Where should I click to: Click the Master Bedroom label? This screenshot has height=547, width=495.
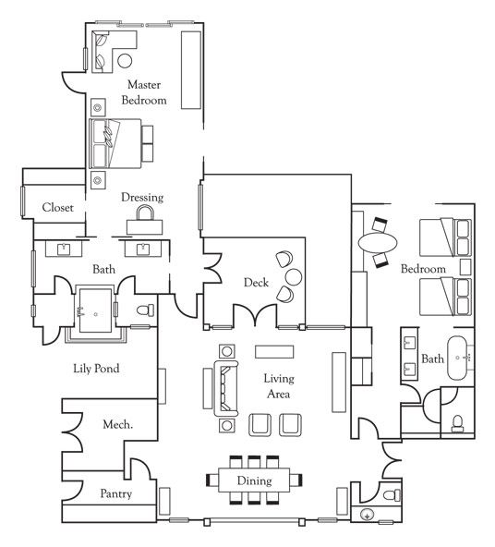pos(144,92)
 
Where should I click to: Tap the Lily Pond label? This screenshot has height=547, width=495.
pos(96,369)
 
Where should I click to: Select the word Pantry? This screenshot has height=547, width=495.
pos(116,493)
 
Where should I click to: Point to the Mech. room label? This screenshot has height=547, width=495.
pos(118,424)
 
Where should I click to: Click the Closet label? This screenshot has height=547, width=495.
pos(58,207)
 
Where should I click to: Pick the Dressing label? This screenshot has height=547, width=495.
pos(142,198)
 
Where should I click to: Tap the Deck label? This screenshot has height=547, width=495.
pos(256,282)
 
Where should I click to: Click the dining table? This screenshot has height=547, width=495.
pos(254,480)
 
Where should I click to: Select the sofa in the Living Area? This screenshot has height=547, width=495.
pos(226,388)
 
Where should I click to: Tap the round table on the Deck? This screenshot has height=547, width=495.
pos(294,276)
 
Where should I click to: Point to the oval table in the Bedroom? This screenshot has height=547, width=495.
pos(378,242)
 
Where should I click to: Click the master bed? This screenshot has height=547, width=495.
pos(115,144)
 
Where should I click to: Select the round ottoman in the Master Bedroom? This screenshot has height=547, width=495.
pos(125,61)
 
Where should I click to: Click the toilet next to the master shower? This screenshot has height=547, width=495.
pos(145,310)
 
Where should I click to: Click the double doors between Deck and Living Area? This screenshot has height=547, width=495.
pos(255,315)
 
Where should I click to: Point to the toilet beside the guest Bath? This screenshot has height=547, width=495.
pos(457,423)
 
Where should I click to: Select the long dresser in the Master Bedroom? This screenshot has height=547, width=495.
pos(191,70)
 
